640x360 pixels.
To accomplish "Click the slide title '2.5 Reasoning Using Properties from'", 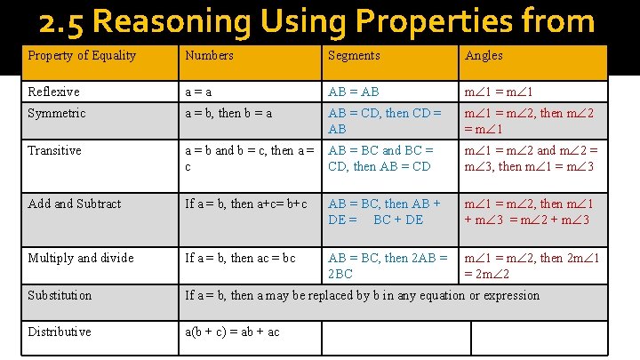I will click(x=316, y=21).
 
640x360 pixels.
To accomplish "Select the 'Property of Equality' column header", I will click(x=82, y=56).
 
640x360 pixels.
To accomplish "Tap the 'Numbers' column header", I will click(x=210, y=56).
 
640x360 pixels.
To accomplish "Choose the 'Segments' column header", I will click(x=354, y=56).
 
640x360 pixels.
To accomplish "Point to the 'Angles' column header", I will click(x=484, y=56).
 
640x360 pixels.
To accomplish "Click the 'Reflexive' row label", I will click(x=53, y=92).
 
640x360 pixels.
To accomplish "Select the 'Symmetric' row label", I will click(x=57, y=114).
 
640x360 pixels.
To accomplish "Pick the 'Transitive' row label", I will click(x=55, y=150).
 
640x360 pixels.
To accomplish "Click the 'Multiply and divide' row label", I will click(x=81, y=258).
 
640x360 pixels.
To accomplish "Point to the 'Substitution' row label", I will click(x=60, y=295).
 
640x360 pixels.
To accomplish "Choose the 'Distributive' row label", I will click(x=60, y=332).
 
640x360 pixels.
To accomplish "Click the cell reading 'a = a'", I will click(x=198, y=92).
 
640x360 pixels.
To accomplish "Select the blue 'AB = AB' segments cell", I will click(x=355, y=92).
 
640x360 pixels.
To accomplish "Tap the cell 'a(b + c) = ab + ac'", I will click(x=232, y=332).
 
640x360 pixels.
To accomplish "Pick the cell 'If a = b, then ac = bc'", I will click(x=240, y=258).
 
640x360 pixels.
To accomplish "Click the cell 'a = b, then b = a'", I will click(x=228, y=114).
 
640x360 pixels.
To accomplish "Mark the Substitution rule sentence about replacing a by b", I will click(x=362, y=295).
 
